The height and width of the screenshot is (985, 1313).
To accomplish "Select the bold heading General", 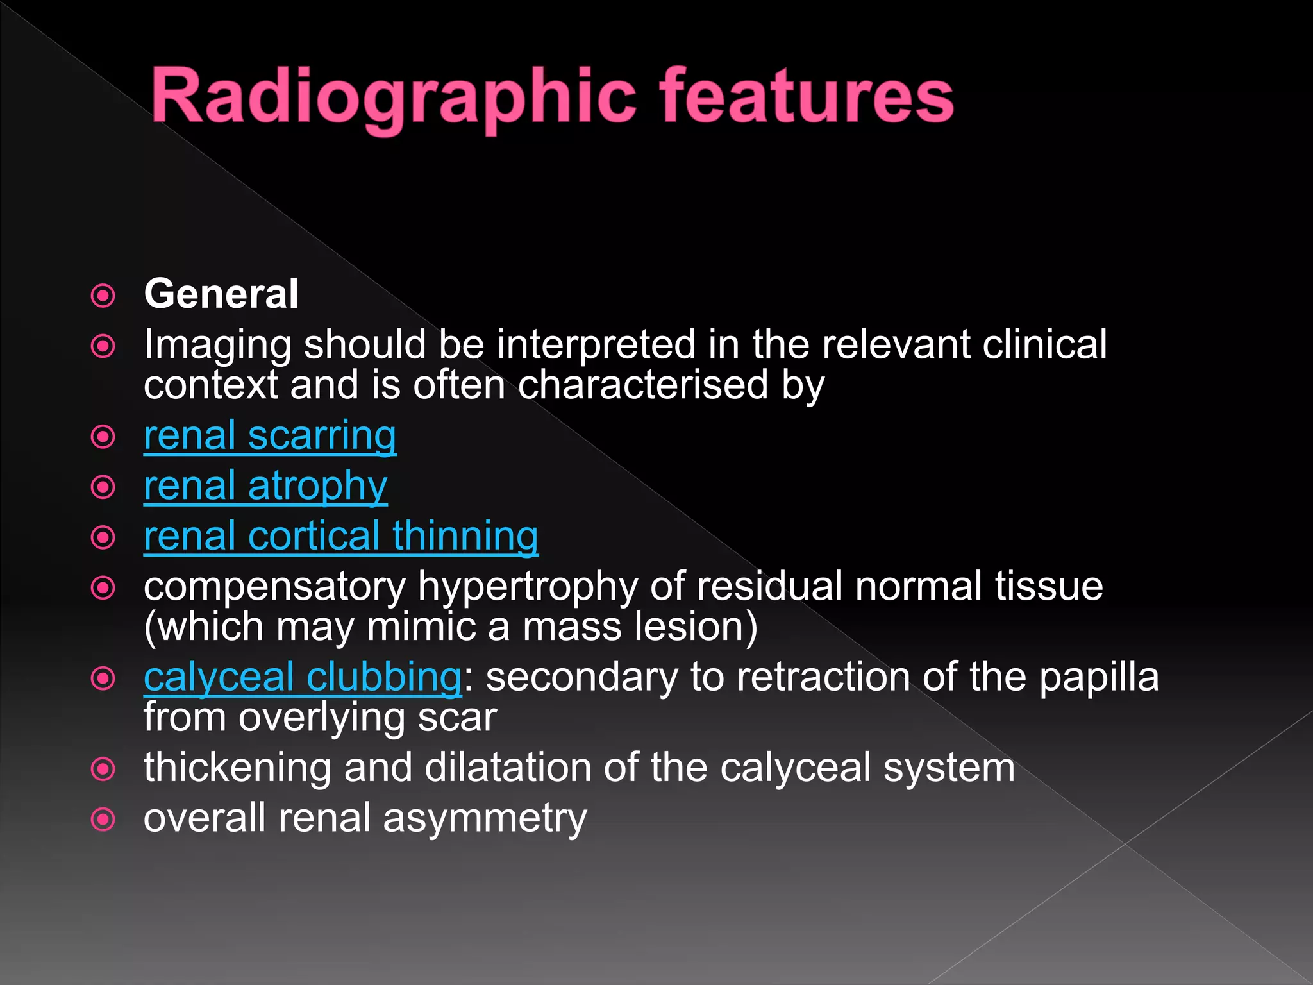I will (221, 294).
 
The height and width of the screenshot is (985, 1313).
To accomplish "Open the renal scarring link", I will (270, 436).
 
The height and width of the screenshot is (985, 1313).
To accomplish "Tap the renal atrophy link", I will (265, 486).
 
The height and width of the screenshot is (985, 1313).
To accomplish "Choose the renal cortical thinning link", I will (340, 536).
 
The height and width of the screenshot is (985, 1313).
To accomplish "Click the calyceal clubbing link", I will (303, 677).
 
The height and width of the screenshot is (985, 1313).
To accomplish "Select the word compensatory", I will (274, 586).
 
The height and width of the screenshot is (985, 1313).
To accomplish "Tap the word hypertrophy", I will (528, 586).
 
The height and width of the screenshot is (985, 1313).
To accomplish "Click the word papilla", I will (1099, 677).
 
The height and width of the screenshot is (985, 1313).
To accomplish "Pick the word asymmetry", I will (485, 819).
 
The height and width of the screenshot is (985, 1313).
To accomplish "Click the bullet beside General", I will (103, 296).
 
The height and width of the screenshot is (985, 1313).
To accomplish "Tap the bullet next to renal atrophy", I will (103, 487).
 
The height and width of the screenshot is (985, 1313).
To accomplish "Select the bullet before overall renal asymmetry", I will (103, 820).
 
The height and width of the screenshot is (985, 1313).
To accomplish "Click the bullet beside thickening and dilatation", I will (103, 769).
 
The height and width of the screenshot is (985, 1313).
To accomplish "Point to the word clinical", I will (1044, 345).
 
